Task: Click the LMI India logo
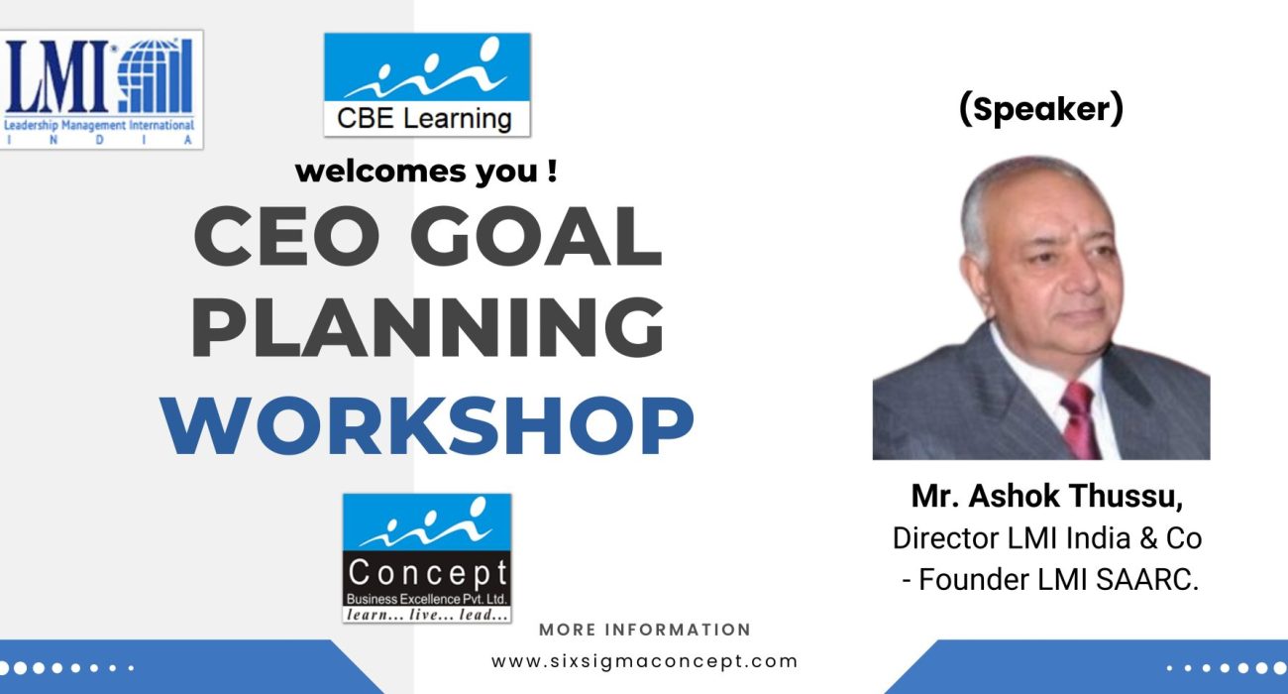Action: [x=103, y=89]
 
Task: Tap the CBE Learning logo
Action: [x=427, y=84]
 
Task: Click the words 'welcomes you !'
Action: [x=426, y=172]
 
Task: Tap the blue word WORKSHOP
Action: [x=427, y=424]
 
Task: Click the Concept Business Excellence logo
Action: [x=427, y=558]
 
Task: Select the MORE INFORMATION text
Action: [x=645, y=630]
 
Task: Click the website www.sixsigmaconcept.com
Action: [x=645, y=660]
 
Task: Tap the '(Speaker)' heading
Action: [x=1041, y=110]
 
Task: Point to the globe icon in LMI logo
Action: [x=156, y=77]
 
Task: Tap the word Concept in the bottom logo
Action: [x=427, y=573]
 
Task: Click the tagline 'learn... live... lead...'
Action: [x=427, y=615]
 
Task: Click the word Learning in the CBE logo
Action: [x=463, y=119]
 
